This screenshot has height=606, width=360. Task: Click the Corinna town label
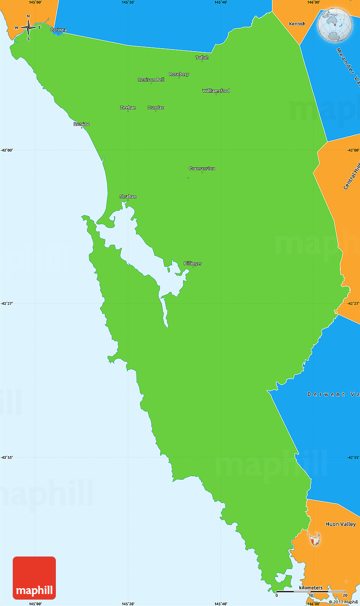pos(58,30)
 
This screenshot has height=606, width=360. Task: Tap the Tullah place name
pos(202,58)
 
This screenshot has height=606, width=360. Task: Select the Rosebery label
pos(179,74)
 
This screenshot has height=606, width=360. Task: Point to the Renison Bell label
pos(151,80)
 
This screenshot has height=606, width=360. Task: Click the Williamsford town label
pos(216,91)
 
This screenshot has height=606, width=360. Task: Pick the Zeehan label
pos(128,107)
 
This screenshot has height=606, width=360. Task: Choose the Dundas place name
pos(156,107)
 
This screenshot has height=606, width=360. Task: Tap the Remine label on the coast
pos(82,124)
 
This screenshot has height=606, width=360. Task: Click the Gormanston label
pos(202,169)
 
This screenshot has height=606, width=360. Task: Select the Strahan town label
pos(128,197)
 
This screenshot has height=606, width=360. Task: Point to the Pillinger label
pos(193,264)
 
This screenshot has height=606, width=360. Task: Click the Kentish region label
pos(297,24)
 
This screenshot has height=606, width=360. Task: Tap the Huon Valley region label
pos(341,524)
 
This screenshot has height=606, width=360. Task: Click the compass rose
pos(28,28)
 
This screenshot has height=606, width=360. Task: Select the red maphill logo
pos(34,578)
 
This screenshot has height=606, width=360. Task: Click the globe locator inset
pos(335,25)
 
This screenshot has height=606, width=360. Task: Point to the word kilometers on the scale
pos(311,588)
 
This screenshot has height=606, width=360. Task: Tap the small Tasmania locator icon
pos(314,539)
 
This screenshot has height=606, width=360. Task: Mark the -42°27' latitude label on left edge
pos(8,303)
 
